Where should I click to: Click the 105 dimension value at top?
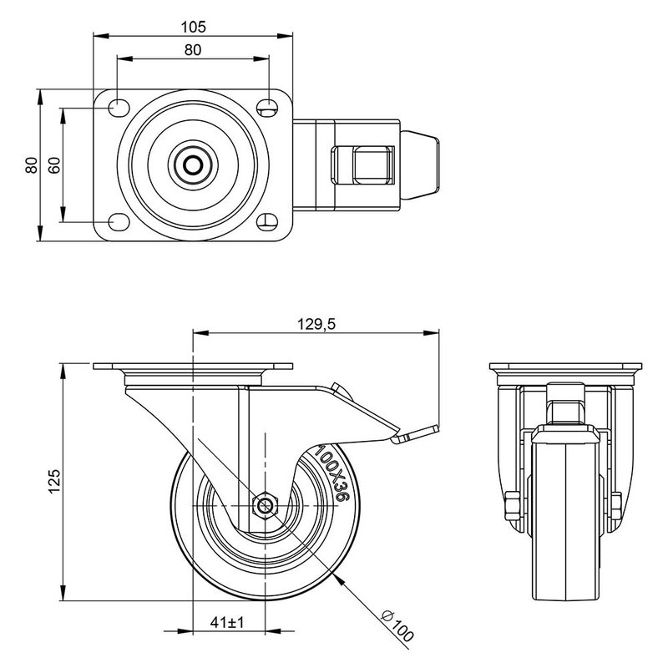tap(193, 26)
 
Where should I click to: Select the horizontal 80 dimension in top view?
tap(193, 49)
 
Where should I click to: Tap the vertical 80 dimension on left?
tap(31, 164)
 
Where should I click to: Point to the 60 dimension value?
tap(54, 164)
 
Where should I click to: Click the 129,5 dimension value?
tap(316, 325)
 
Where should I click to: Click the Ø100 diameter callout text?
tap(397, 625)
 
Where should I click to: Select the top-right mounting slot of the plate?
tap(267, 107)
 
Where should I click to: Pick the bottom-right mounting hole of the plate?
tap(267, 223)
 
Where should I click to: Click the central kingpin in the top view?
tap(193, 164)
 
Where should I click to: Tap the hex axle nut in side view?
tap(266, 505)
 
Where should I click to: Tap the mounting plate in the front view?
tap(565, 368)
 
